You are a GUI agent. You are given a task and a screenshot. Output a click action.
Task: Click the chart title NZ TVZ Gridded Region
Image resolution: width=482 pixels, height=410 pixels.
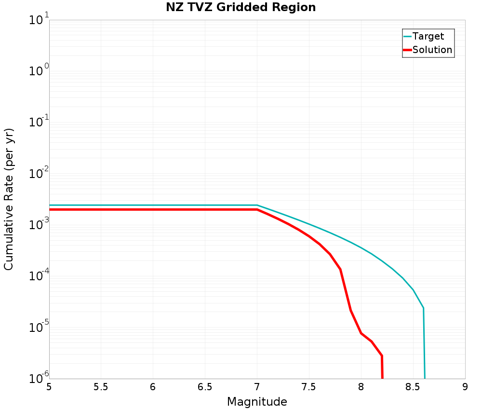[241, 7]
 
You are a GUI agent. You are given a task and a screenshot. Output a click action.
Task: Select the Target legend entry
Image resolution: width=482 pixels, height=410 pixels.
[428, 36]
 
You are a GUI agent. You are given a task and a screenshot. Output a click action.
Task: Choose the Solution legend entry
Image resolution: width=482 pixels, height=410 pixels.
[432, 50]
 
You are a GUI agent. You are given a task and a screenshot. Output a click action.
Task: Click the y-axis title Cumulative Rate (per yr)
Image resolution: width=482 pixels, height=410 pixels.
[9, 199]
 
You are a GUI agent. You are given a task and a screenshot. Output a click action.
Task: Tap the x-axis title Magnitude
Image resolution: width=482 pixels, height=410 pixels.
[257, 402]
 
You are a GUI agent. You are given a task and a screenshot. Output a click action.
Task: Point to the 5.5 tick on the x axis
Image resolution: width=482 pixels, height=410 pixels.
[101, 387]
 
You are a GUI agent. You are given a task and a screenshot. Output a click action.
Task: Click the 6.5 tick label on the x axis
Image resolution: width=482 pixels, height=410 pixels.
[205, 387]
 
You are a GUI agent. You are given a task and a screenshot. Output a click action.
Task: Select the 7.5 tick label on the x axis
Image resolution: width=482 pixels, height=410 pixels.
[308, 387]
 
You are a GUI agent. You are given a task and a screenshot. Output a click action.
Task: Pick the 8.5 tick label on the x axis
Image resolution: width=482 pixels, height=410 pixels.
[413, 387]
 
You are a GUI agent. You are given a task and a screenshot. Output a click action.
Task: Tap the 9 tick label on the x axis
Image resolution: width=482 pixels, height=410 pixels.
[465, 387]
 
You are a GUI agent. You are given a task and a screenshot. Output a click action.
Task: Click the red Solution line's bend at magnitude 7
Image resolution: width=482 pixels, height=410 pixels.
[257, 210]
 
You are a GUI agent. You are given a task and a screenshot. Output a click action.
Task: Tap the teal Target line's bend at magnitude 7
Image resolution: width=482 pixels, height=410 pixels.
[257, 205]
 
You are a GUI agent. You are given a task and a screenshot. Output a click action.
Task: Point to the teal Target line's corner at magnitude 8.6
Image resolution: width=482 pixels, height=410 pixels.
[423, 308]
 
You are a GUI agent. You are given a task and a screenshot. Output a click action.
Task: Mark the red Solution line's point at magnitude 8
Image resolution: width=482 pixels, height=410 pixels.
[361, 333]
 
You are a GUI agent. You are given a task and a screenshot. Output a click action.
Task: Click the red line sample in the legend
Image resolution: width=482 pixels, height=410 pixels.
[407, 50]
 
